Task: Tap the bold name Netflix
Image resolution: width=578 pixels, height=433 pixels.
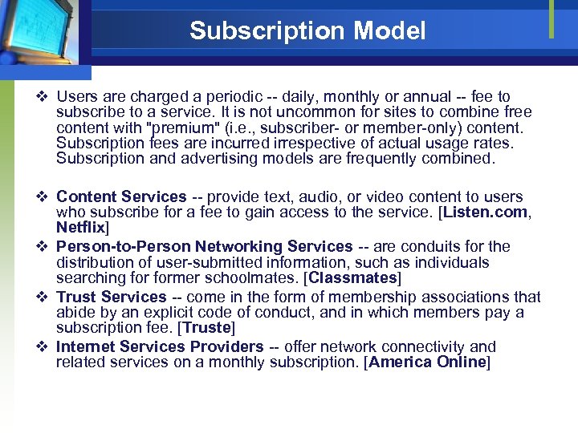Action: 81,229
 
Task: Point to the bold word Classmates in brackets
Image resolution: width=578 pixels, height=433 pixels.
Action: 354,278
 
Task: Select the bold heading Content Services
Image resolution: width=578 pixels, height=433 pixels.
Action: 121,196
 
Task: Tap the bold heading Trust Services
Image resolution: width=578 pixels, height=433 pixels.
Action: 112,297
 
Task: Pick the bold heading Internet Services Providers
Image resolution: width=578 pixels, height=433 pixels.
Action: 160,346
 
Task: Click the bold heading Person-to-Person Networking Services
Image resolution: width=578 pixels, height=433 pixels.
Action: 205,246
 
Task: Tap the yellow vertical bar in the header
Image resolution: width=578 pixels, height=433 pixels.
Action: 552,19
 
